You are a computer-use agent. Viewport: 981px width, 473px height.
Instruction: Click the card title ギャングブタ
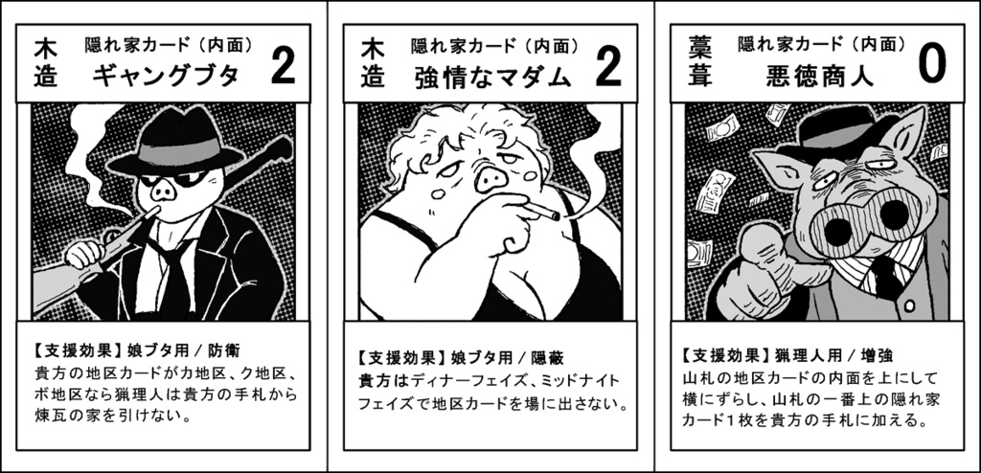(166, 77)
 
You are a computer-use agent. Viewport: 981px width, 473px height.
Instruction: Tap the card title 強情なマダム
(493, 77)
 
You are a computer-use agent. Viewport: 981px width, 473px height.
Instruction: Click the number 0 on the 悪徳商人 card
(932, 65)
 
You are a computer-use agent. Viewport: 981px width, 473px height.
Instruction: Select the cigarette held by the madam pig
(542, 211)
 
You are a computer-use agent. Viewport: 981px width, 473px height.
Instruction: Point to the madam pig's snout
(490, 181)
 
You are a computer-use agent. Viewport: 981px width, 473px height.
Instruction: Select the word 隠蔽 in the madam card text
(548, 358)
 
